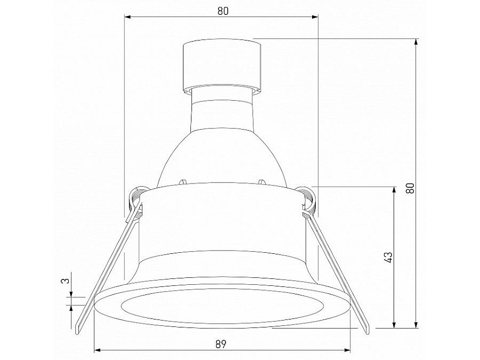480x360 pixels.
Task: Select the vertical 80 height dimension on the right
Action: click(x=410, y=188)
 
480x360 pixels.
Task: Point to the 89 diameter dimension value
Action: click(x=222, y=344)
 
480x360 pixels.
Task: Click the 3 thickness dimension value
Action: click(x=64, y=281)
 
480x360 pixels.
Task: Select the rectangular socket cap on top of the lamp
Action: click(x=222, y=65)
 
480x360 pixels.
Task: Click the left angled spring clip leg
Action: click(x=104, y=272)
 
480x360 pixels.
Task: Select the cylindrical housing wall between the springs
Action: click(x=222, y=224)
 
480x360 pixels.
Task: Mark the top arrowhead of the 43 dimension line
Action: click(x=394, y=190)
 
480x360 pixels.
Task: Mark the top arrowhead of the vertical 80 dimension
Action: click(x=416, y=41)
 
